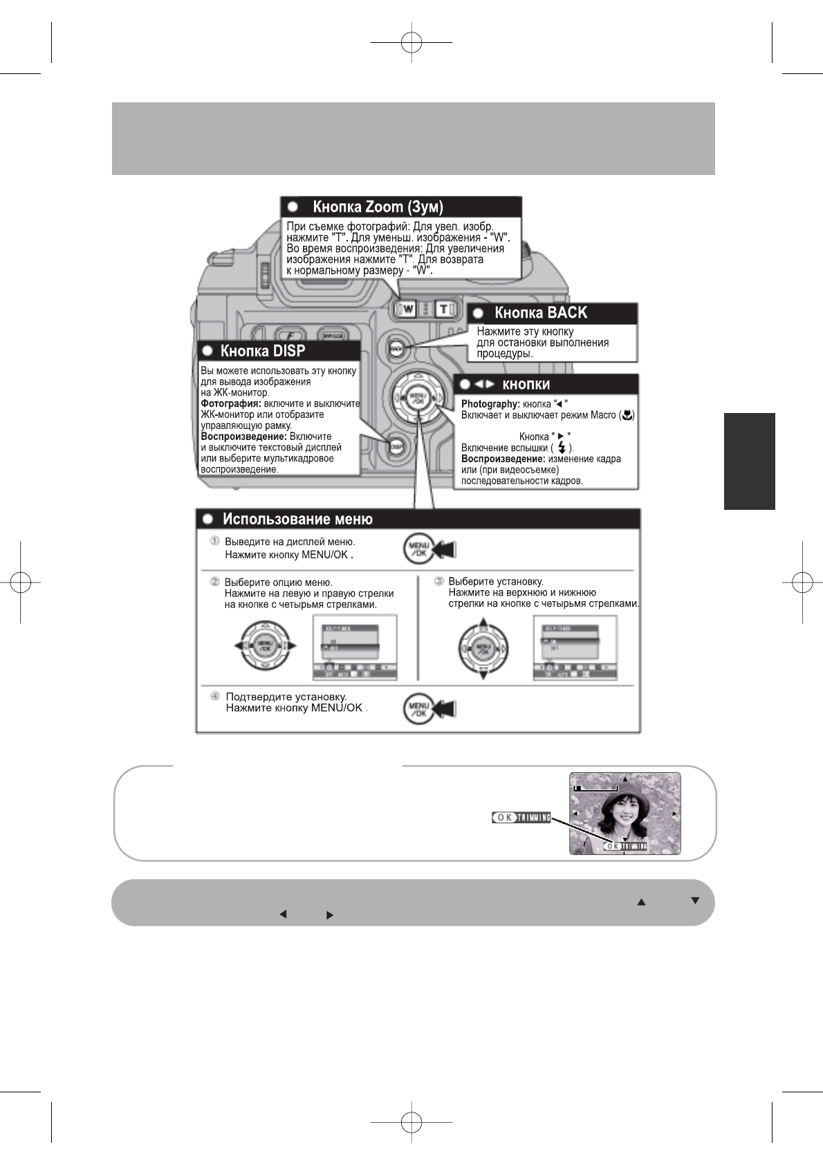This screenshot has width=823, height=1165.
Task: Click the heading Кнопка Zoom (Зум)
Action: pos(378,207)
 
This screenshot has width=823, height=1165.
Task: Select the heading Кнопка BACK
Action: pos(540,313)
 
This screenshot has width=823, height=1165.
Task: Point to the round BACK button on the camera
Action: pos(396,349)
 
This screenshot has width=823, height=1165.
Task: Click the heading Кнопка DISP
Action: pos(262,351)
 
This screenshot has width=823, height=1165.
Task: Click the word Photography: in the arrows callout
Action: pos(490,404)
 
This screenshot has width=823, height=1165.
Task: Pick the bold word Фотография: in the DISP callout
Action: pos(230,404)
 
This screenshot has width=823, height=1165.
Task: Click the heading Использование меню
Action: pos(297,520)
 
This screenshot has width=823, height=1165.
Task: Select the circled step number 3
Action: pos(438,582)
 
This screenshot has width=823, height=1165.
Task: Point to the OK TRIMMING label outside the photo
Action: pos(521,817)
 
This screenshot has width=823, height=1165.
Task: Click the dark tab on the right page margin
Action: pos(749,461)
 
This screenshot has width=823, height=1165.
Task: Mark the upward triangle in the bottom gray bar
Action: pos(641,902)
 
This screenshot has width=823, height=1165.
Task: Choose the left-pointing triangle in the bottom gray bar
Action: pos(282,915)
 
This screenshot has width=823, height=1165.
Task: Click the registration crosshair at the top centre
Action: pos(411,42)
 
